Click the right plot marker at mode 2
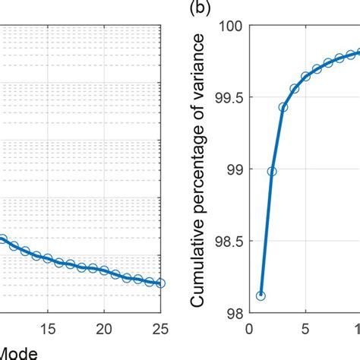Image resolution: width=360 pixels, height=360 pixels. pos(272,172)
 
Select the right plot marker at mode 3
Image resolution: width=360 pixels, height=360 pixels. pos(283,107)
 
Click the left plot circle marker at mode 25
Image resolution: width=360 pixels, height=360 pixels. pos(160,283)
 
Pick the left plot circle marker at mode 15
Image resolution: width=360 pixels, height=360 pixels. pos(48,259)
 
